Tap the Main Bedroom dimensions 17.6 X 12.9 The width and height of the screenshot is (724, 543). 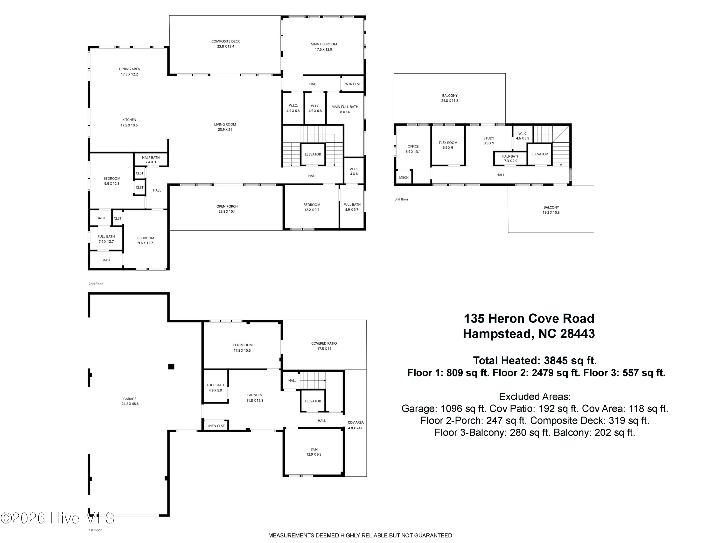coord(323,49)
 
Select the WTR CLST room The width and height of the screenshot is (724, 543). coord(353,84)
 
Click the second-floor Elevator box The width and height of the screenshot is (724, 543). coord(313,154)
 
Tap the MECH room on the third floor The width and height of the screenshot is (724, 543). coord(404,177)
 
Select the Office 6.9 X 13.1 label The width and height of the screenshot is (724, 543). coord(413,149)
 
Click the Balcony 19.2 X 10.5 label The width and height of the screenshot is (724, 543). coord(551,210)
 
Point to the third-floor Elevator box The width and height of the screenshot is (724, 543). coord(540,154)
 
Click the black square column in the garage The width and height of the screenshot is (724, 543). coord(171,367)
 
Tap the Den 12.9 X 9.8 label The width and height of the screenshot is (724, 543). coord(314,452)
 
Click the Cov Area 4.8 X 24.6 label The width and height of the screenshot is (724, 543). coord(355,425)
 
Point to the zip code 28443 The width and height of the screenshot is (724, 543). coord(577,334)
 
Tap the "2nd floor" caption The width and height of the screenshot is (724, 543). coord(96,284)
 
